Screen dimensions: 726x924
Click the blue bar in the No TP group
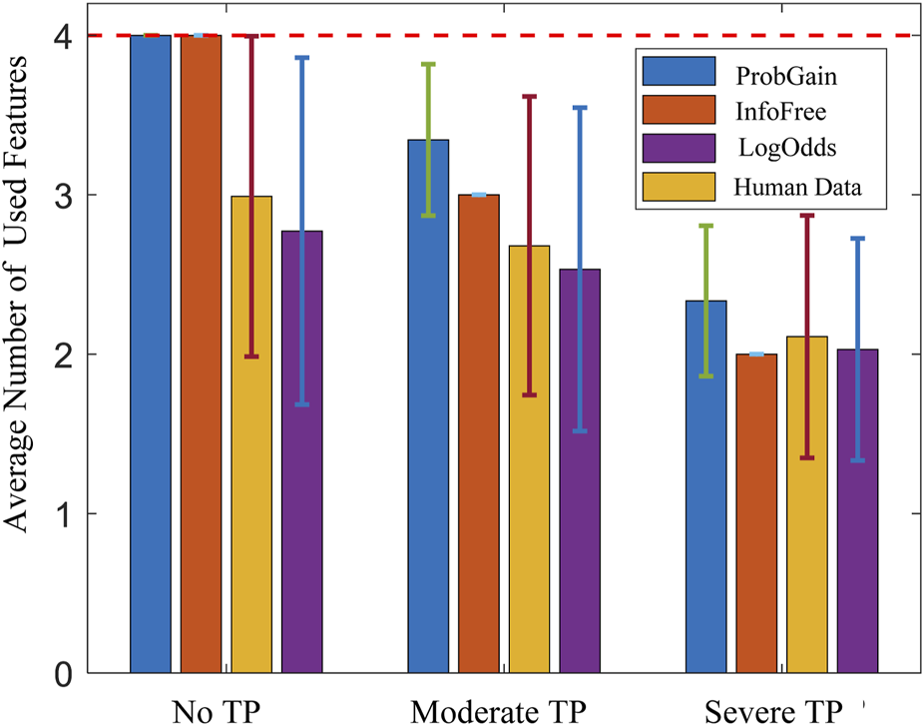151,354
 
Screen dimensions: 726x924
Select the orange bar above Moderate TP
479,433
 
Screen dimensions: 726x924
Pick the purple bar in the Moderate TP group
579,470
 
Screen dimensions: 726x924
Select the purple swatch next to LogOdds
680,147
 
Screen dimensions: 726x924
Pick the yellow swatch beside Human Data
680,185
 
